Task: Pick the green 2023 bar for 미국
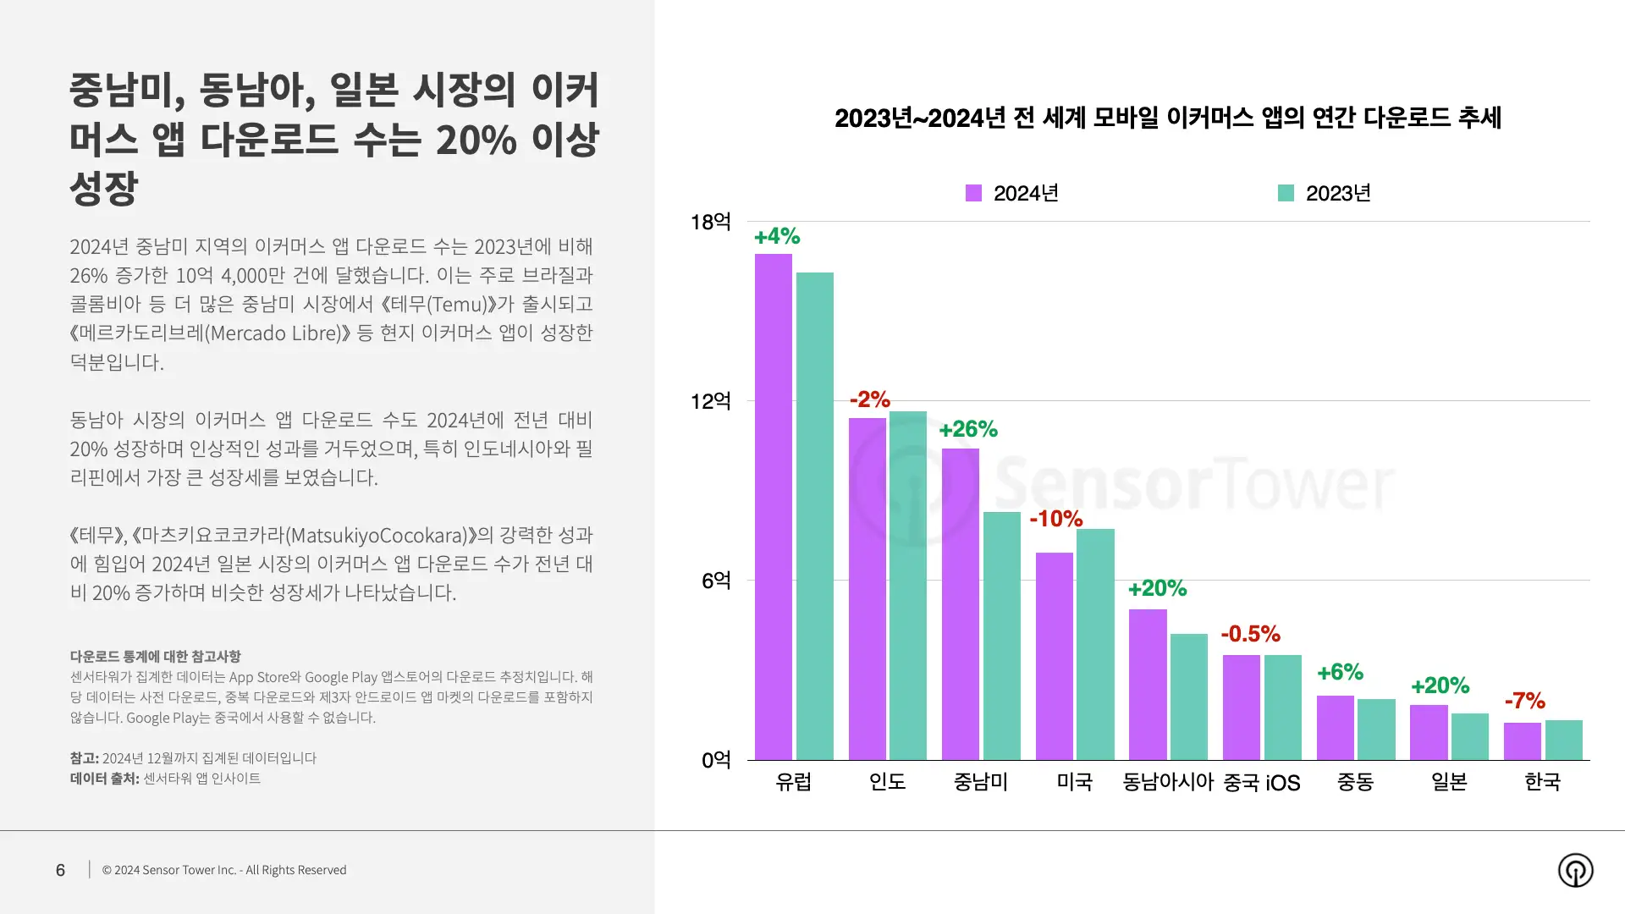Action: (x=1095, y=644)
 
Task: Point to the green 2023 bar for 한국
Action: (x=1563, y=740)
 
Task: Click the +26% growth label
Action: (x=968, y=430)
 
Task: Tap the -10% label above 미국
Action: (x=1056, y=519)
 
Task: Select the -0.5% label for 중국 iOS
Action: (x=1250, y=634)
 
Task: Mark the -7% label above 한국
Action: (x=1524, y=701)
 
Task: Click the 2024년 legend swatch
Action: (x=973, y=193)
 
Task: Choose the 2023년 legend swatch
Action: (x=1286, y=193)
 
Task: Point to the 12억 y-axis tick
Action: (x=710, y=401)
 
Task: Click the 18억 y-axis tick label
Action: (x=710, y=222)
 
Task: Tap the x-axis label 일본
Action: (x=1448, y=782)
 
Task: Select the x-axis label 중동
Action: (x=1355, y=782)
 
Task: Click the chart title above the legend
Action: (x=1167, y=118)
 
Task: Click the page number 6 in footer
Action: (x=60, y=870)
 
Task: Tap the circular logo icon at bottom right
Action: (x=1575, y=870)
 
